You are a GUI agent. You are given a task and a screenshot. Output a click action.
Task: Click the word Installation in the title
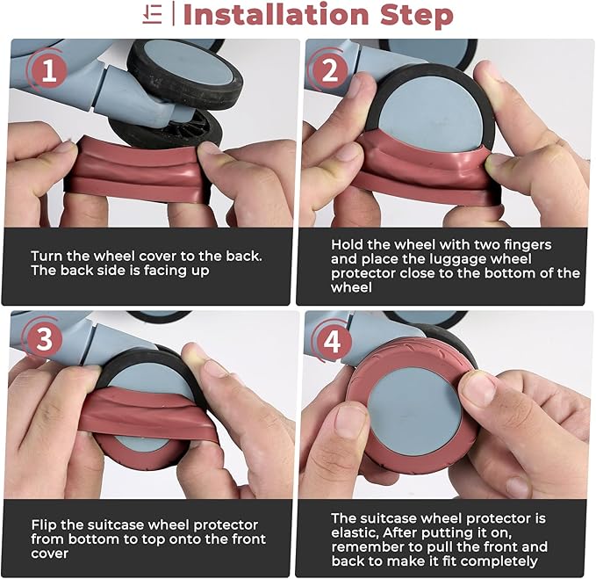(x=276, y=15)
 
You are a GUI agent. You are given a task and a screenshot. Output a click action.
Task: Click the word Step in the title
(x=417, y=15)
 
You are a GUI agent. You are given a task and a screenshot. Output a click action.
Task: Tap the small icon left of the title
(x=153, y=15)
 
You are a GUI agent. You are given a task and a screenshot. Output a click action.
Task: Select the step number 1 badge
(x=48, y=71)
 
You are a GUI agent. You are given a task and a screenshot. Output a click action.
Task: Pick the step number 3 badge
(x=45, y=339)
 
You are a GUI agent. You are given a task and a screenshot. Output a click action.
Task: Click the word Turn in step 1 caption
(x=47, y=256)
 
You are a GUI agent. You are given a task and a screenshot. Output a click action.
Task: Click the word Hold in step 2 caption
(x=346, y=244)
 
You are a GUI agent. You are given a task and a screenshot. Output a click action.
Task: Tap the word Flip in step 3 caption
(x=44, y=525)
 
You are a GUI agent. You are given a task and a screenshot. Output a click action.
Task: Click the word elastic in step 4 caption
(x=355, y=532)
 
